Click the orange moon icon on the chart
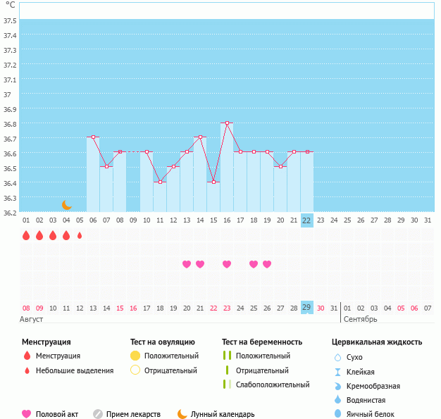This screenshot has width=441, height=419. click(67, 204)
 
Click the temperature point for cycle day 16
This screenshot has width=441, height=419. click(227, 123)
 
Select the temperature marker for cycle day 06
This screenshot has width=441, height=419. click(93, 137)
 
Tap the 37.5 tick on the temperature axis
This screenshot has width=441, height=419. click(10, 20)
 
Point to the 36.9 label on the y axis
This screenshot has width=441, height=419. click(10, 109)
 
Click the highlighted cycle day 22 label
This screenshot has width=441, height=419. click(306, 220)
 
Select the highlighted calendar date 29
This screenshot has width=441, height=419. click(306, 308)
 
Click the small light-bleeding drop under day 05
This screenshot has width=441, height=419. click(80, 236)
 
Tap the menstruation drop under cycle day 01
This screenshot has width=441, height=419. click(26, 236)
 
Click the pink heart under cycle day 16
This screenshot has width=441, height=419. click(227, 264)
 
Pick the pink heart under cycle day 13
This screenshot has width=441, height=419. click(187, 264)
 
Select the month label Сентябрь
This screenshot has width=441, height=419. click(360, 319)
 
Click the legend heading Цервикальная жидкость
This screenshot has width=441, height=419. click(377, 342)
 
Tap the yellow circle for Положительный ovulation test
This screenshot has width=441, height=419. click(135, 356)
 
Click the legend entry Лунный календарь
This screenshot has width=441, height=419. click(224, 414)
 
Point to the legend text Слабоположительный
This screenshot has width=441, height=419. click(273, 384)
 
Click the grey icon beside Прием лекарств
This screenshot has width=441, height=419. click(98, 414)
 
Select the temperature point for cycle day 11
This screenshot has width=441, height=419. click(160, 182)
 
